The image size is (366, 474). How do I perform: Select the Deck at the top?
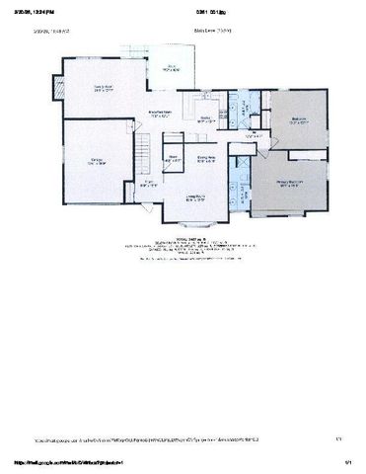click(171, 69)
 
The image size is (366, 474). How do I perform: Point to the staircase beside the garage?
click(145, 153)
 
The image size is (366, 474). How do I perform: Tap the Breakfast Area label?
click(162, 116)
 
